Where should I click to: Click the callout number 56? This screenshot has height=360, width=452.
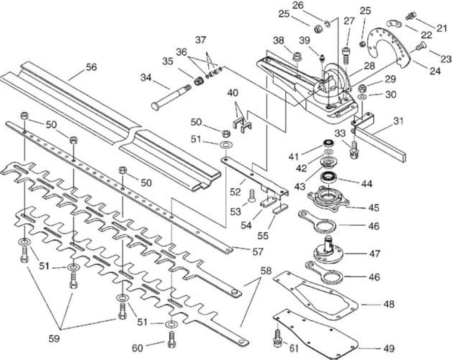[91, 67]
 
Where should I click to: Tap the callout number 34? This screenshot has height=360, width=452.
[146, 78]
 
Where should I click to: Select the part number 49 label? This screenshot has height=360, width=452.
[389, 348]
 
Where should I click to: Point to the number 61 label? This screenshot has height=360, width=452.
[294, 348]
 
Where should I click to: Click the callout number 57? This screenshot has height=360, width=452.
[258, 252]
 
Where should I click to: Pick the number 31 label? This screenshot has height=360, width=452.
[398, 121]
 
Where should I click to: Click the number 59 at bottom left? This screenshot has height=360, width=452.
[54, 338]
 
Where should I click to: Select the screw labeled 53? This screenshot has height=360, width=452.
[252, 196]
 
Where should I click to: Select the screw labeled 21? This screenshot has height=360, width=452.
[411, 16]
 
